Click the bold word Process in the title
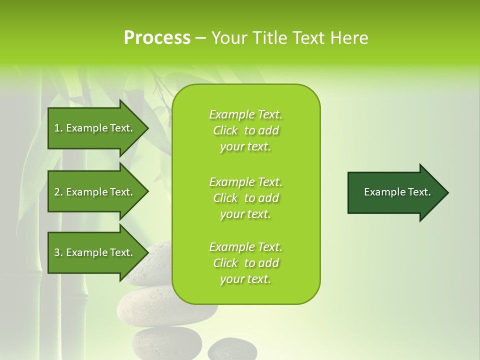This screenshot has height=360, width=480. (157, 37)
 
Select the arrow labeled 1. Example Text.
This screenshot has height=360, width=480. (95, 128)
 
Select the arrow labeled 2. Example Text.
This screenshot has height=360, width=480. (95, 192)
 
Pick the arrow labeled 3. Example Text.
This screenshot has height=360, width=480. (95, 252)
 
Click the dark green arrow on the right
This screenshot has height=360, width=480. (395, 192)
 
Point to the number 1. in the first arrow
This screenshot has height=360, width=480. (58, 128)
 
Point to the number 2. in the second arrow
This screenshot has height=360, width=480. (58, 192)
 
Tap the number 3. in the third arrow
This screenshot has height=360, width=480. (58, 252)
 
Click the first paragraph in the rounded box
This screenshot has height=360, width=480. (245, 130)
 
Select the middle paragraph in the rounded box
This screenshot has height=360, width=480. (245, 198)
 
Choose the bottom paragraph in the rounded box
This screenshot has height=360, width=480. (245, 263)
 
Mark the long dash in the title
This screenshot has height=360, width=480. (200, 38)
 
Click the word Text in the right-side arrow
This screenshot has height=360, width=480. (420, 192)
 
